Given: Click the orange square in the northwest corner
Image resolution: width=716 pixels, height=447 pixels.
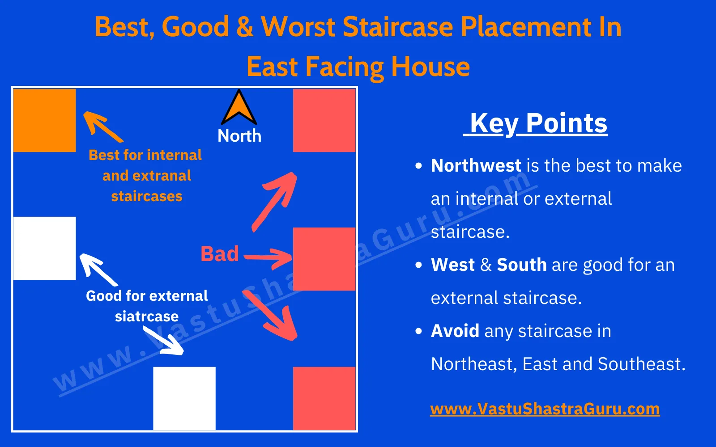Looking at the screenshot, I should [x=44, y=120].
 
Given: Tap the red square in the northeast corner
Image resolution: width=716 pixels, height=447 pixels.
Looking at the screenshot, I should [x=324, y=120].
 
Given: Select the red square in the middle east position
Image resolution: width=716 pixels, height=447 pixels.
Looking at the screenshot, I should [x=324, y=259].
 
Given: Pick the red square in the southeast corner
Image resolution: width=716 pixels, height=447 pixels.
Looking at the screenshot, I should [x=324, y=398].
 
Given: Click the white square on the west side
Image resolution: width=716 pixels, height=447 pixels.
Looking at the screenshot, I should [x=44, y=248].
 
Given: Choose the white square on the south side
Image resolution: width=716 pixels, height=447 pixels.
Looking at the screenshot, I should [x=184, y=398].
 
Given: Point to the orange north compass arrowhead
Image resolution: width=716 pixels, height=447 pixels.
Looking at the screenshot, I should [x=239, y=109].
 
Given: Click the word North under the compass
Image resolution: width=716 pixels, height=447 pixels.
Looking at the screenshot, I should [x=239, y=136].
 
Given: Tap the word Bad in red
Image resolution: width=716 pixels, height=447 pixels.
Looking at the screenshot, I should [x=220, y=254].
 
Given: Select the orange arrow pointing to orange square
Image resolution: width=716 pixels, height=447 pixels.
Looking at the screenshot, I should [x=102, y=127].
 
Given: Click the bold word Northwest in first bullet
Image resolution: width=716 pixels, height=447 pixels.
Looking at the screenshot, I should [x=476, y=166].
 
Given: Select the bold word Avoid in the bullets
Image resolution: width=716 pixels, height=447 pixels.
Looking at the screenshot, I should [x=455, y=331].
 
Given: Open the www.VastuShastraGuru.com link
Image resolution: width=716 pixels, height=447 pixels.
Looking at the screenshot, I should [x=545, y=409].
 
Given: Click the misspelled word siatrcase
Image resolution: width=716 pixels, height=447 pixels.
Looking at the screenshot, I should [x=147, y=316].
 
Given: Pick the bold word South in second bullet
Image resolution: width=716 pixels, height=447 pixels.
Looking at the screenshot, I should [x=521, y=265].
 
